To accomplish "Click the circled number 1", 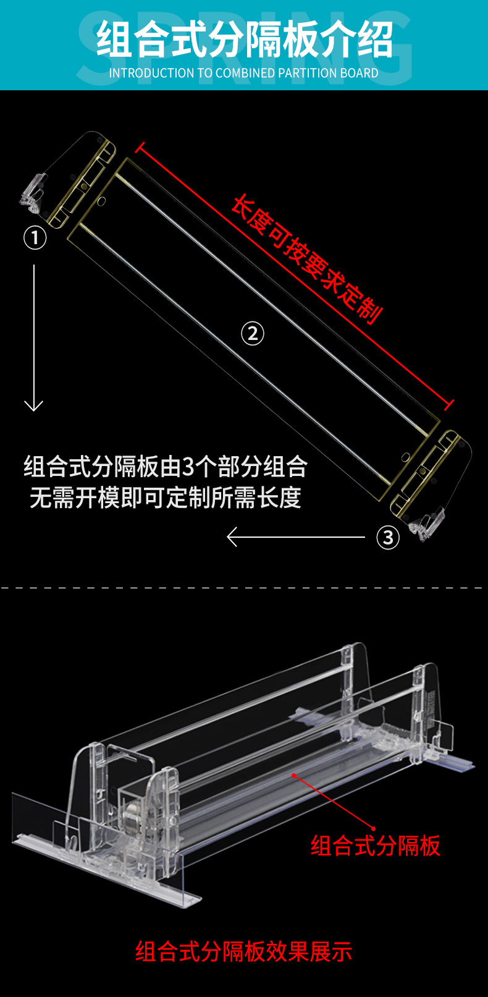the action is (35, 237).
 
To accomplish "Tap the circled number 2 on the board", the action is (252, 334).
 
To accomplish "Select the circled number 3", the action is (388, 537).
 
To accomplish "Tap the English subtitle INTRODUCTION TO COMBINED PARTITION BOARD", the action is (244, 73).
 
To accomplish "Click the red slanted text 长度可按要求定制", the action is (306, 259).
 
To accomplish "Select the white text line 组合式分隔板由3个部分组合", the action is (166, 467).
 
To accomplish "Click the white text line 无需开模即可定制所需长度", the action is (166, 498).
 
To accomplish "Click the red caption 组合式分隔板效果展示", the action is (244, 951).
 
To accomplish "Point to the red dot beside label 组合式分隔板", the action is (374, 828).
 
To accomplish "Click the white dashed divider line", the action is (244, 588).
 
